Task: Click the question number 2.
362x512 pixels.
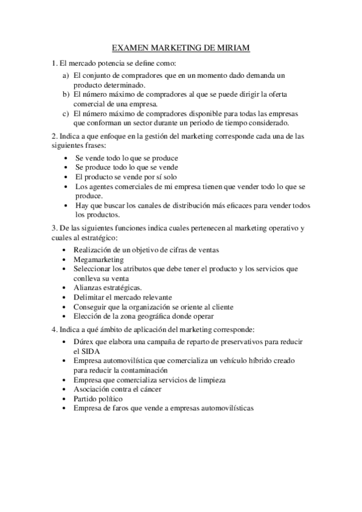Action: click(x=53, y=135)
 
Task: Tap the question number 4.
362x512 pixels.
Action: click(x=53, y=330)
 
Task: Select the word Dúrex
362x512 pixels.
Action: click(x=85, y=341)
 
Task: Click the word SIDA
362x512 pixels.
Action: click(x=84, y=350)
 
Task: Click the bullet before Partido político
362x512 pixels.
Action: click(x=65, y=399)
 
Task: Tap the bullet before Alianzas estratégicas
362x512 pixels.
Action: click(x=65, y=287)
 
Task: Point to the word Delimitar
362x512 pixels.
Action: click(x=91, y=297)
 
